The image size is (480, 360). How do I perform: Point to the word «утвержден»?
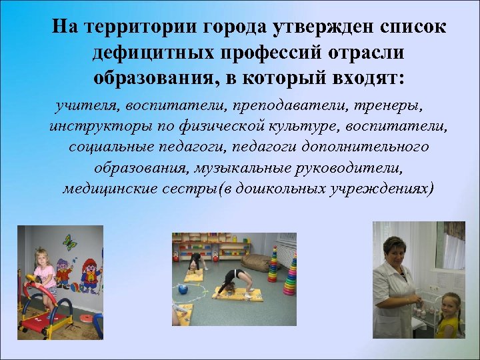313,27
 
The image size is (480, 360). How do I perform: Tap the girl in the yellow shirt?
451,313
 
